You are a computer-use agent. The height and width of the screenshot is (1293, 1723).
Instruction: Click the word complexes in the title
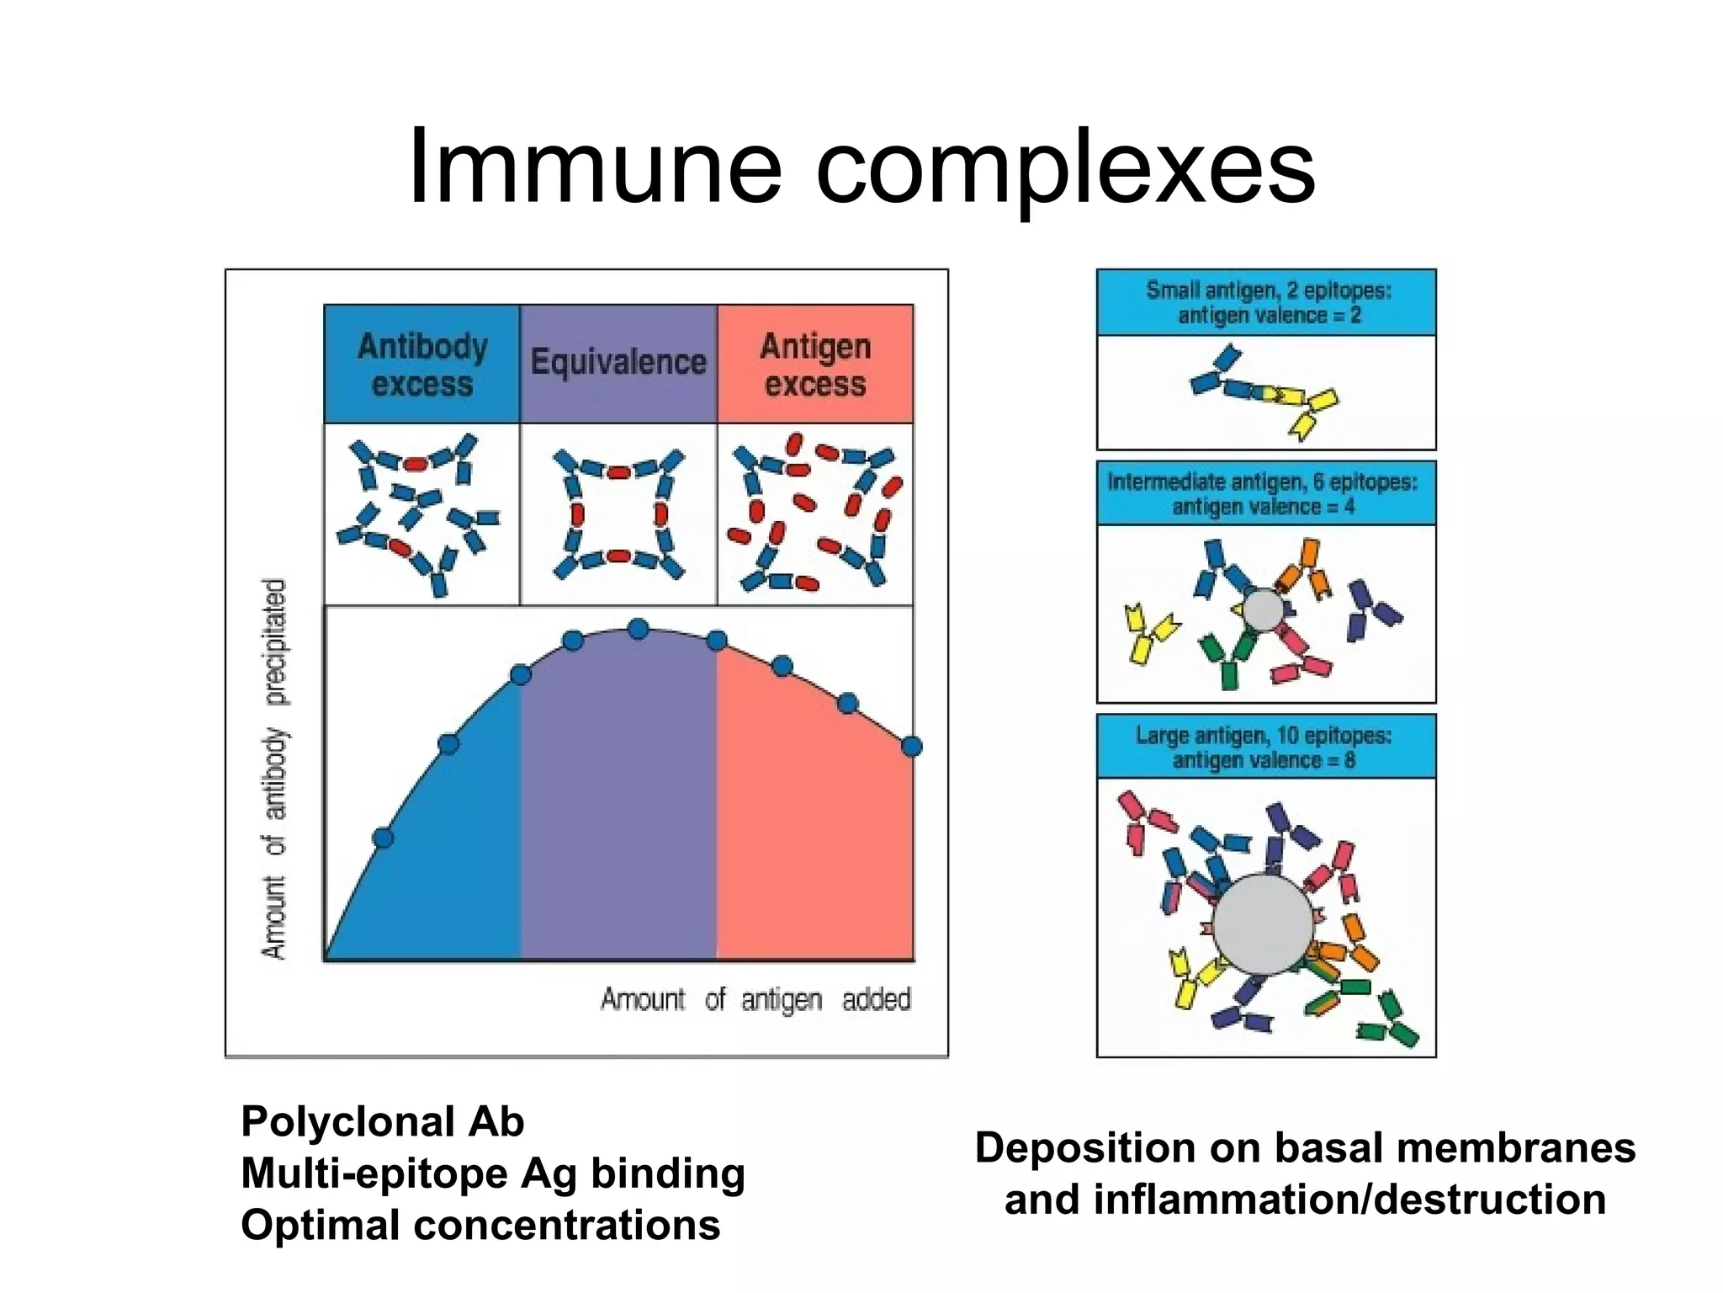tap(1065, 168)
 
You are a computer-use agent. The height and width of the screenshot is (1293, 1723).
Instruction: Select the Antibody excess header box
tap(421, 364)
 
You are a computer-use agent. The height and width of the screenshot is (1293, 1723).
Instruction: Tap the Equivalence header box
tap(618, 363)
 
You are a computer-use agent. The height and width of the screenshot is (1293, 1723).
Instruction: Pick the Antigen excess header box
tap(814, 364)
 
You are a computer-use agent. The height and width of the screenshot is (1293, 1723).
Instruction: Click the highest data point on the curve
tap(639, 629)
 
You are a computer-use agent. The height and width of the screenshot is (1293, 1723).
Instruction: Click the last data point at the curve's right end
tap(911, 746)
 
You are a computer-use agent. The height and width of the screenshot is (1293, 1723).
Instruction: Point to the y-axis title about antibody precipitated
tap(275, 768)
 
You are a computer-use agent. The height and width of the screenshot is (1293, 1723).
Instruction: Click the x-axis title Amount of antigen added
tap(755, 999)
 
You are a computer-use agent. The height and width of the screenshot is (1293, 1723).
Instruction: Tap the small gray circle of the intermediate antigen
tap(1264, 609)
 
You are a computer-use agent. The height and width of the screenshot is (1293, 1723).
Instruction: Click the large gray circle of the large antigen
tap(1263, 924)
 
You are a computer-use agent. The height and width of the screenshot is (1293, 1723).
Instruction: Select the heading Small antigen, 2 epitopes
tap(1267, 302)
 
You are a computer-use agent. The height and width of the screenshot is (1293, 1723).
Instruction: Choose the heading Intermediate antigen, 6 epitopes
tap(1263, 493)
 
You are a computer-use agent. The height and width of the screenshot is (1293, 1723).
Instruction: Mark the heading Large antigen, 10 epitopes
tap(1263, 747)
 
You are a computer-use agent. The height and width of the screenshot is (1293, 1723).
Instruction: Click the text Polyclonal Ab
tap(382, 1122)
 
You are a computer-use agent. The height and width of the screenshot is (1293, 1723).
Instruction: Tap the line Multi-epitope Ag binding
tap(492, 1173)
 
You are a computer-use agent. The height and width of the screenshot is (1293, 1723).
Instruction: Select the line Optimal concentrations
tap(480, 1225)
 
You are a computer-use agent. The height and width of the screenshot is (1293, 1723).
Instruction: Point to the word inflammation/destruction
tap(1349, 1200)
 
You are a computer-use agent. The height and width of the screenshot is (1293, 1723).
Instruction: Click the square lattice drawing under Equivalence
tap(618, 514)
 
